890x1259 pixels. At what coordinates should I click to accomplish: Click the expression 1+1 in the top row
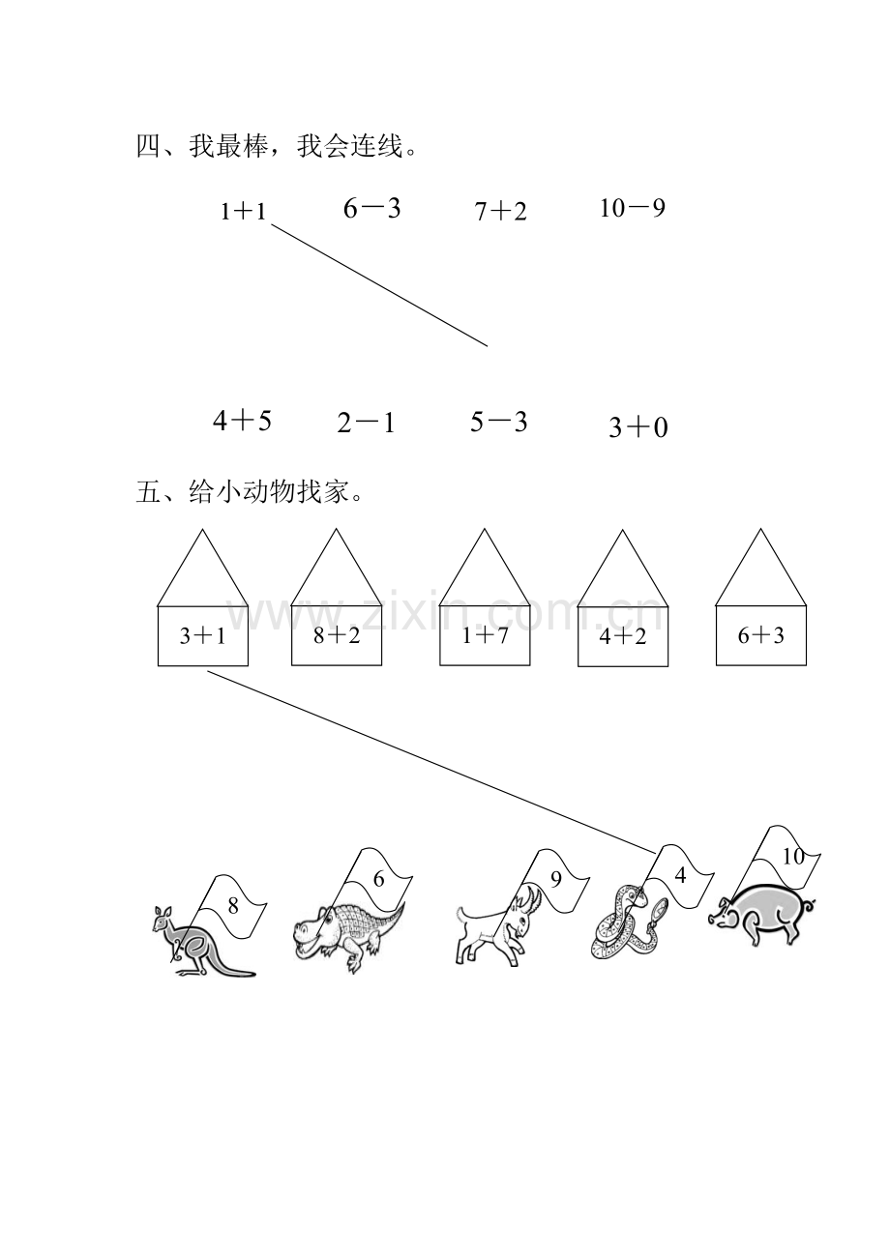click(x=243, y=212)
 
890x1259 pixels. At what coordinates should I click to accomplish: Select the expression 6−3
click(x=371, y=209)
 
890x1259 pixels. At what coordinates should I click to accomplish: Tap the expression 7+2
click(x=500, y=212)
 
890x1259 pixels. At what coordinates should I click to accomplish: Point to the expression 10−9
click(x=633, y=209)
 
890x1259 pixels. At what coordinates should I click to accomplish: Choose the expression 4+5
click(x=242, y=421)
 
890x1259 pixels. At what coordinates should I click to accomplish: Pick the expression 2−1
click(x=366, y=423)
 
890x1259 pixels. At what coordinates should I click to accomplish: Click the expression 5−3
click(x=499, y=422)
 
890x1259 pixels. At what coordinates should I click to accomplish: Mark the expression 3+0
click(x=638, y=427)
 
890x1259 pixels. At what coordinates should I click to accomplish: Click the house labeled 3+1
click(x=203, y=635)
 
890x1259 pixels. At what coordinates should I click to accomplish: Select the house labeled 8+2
click(x=337, y=635)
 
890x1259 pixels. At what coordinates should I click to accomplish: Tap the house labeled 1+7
click(x=485, y=635)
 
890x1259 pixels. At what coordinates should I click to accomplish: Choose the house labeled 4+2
click(x=623, y=636)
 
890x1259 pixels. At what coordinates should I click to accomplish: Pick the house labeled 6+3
click(x=760, y=635)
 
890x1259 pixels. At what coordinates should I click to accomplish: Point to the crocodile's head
click(x=312, y=926)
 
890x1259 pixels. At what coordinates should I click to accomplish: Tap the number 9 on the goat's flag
click(x=556, y=879)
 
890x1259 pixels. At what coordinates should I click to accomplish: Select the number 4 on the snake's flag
click(x=680, y=875)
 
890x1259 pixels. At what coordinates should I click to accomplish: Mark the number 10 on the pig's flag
click(x=793, y=857)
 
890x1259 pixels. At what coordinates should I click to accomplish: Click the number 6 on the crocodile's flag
click(x=378, y=879)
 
